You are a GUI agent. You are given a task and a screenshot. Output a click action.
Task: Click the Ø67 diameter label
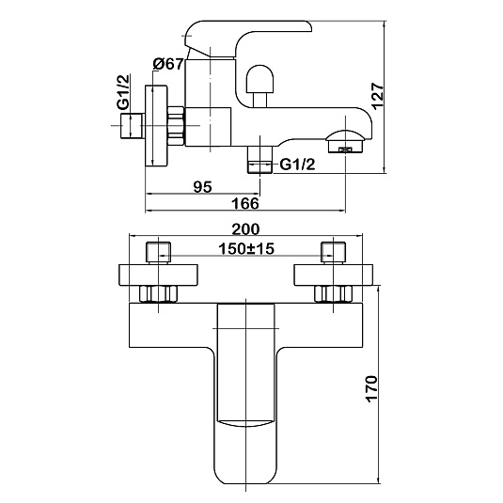[168, 64]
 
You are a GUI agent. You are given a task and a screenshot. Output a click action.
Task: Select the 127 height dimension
[378, 96]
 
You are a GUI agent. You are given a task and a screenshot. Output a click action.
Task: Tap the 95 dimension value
[203, 187]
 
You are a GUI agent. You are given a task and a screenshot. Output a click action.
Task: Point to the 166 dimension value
[245, 203]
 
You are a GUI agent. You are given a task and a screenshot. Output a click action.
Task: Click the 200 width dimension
[245, 229]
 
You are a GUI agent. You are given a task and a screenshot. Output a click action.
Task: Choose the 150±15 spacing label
[246, 248]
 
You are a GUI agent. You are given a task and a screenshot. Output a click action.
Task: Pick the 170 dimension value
[371, 388]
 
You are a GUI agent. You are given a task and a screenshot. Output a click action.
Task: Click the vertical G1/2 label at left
[124, 92]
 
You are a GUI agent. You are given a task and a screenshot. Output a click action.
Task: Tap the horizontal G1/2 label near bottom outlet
[298, 165]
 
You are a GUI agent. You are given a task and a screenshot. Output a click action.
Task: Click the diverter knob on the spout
[259, 86]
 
